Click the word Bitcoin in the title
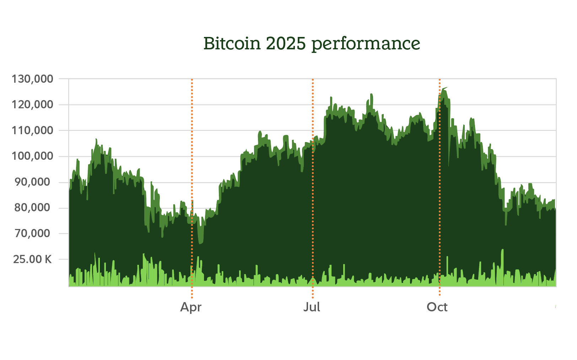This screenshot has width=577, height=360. (232, 44)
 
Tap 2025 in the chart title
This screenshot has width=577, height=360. (286, 44)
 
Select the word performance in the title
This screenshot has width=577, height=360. (366, 44)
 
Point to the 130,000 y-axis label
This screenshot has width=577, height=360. (32, 79)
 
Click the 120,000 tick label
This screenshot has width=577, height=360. (32, 105)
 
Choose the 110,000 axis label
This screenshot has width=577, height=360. (32, 131)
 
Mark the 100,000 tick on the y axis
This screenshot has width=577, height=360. (32, 156)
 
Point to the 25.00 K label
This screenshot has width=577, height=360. (32, 260)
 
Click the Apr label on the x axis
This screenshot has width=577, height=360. (191, 307)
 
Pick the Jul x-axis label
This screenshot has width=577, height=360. (312, 307)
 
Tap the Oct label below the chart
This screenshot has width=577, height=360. (437, 307)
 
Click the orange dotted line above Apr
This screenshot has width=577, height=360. (192, 142)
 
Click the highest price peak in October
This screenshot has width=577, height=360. (444, 89)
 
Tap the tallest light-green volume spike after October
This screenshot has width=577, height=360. (502, 251)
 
